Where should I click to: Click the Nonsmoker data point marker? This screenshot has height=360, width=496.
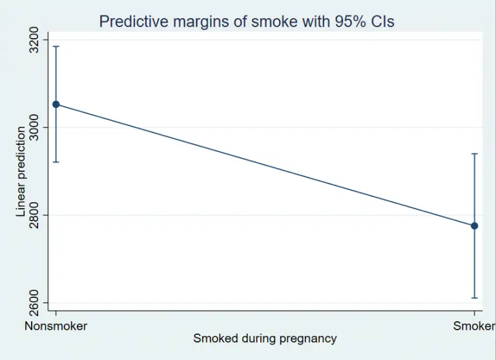click(56, 104)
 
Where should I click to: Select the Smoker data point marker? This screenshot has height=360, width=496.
click(475, 226)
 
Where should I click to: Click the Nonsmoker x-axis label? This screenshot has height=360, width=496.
click(56, 326)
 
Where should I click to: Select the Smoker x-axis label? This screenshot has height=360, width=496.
click(474, 326)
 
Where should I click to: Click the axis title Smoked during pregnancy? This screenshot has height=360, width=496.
click(265, 338)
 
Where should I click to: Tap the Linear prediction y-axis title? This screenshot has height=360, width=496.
click(21, 171)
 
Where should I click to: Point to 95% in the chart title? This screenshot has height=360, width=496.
click(346, 22)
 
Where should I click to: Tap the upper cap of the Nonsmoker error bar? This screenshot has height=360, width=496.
click(56, 47)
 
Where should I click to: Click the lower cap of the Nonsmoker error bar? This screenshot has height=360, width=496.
click(56, 162)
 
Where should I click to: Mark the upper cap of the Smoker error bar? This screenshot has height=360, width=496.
click(475, 154)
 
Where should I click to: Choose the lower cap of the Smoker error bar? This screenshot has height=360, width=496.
click(475, 298)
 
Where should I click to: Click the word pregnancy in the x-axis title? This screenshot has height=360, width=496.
click(307, 338)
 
